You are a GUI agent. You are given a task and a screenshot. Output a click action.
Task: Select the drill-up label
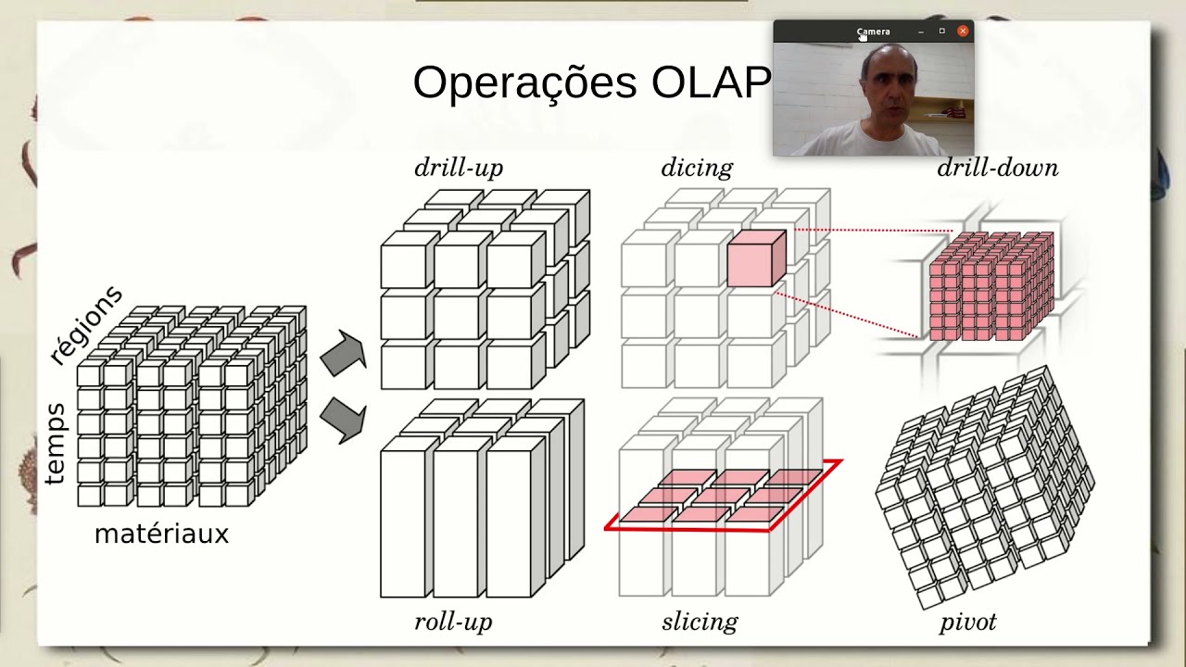tap(459, 168)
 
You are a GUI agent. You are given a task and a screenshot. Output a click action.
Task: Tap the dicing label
tap(697, 168)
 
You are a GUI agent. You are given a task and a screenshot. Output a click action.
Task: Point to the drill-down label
tap(997, 168)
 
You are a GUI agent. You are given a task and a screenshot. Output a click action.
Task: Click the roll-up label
tap(453, 622)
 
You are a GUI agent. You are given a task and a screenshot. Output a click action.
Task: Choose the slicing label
tap(700, 622)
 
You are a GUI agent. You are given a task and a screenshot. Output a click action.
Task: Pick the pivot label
tap(968, 622)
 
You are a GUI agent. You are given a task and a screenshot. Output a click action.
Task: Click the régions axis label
tap(85, 325)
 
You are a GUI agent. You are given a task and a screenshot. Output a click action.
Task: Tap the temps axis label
tap(55, 444)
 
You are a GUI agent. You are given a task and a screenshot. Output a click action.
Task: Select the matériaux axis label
tap(161, 535)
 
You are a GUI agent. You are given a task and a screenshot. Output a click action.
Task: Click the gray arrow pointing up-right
tap(343, 353)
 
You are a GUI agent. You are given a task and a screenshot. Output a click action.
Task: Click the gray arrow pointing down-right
tap(343, 420)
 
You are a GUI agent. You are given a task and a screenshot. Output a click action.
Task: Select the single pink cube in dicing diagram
tap(755, 259)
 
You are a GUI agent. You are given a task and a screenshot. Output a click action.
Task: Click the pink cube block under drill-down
tap(990, 285)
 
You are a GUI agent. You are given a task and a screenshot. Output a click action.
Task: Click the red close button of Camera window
tap(963, 31)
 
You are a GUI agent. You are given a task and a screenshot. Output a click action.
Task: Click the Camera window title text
tap(873, 31)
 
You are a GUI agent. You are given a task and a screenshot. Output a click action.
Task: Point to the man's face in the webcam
tap(887, 86)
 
